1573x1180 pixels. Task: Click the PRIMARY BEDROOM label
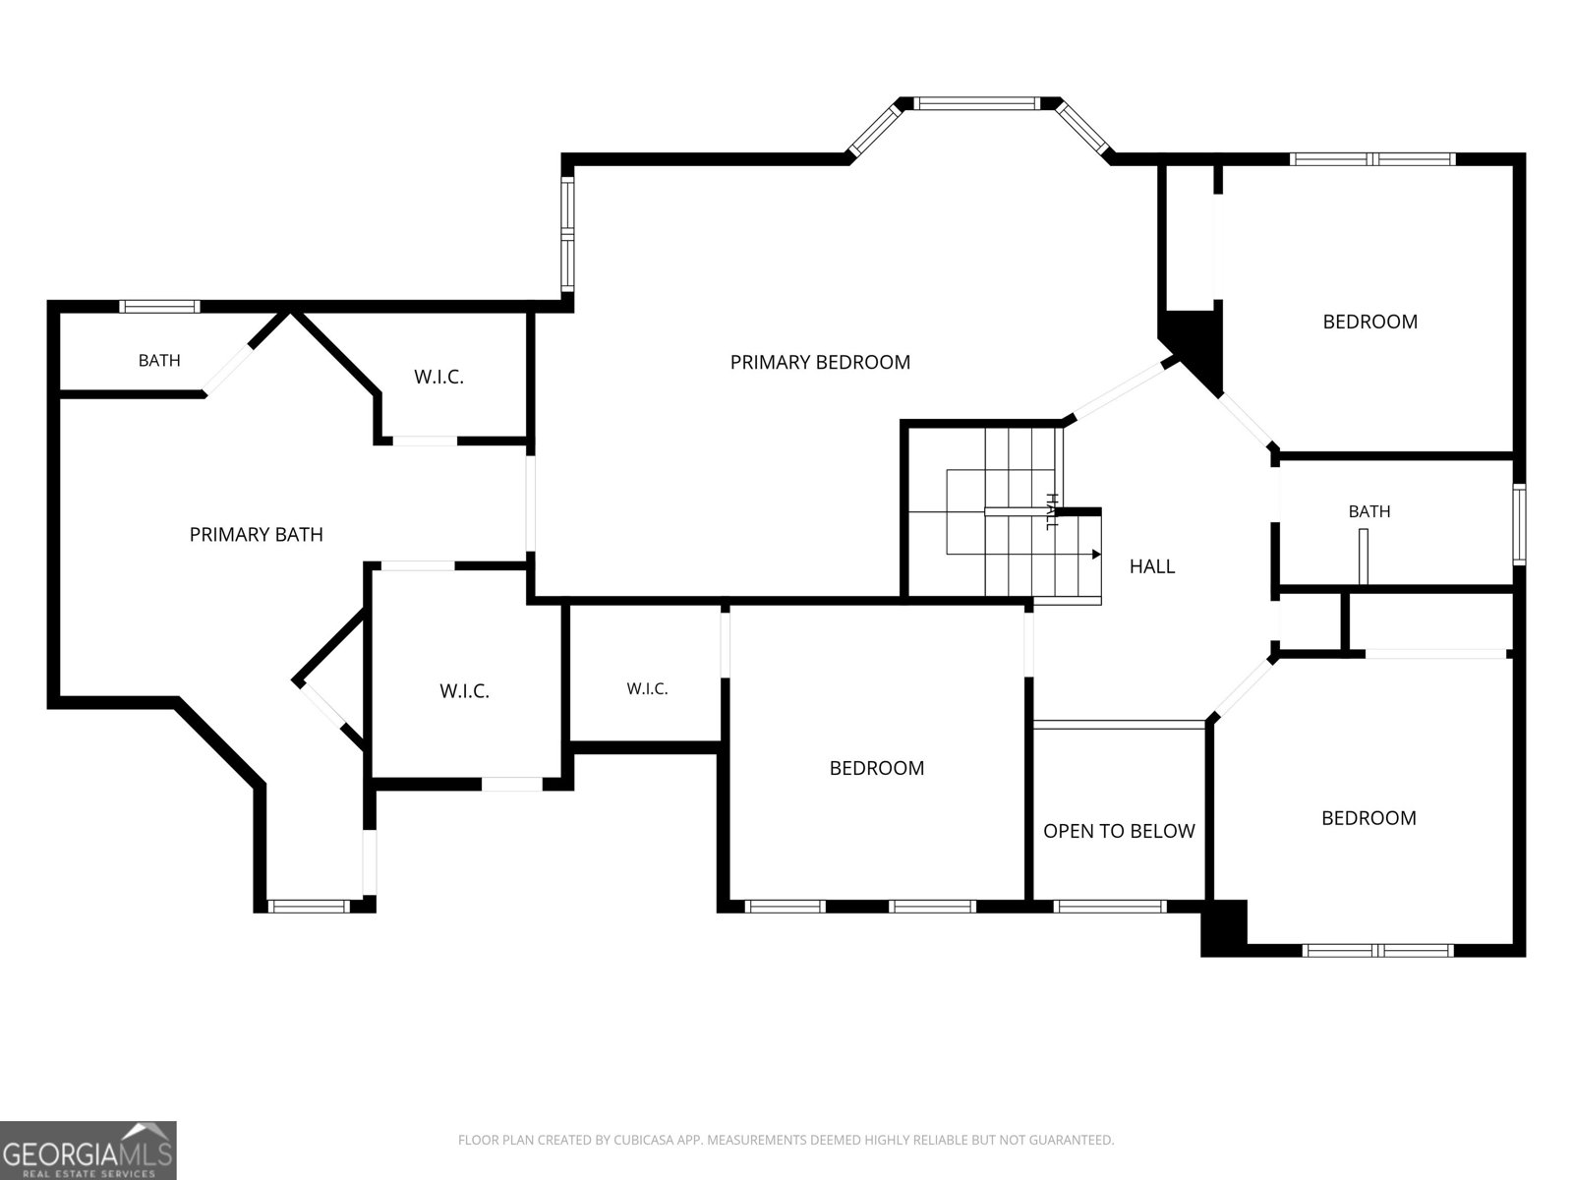820,363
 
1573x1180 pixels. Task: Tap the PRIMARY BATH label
256,535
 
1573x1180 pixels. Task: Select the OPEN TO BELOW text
1119,831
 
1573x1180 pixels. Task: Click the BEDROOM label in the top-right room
1369,322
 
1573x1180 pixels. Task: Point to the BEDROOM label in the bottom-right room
1369,818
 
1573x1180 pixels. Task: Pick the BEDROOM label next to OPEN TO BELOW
876,768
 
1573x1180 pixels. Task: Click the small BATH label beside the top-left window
159,360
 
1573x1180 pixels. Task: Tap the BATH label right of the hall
1369,511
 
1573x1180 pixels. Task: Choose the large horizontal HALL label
1151,566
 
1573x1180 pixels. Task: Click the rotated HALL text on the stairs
1051,511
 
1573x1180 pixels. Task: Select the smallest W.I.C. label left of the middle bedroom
647,689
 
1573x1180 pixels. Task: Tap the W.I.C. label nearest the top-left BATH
438,377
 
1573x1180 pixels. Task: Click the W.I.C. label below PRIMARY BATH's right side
464,691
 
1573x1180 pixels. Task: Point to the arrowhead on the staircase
1096,555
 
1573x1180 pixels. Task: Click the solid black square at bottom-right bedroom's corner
1224,928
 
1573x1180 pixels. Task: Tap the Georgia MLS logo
88,1150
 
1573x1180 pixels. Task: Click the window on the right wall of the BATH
1519,524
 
